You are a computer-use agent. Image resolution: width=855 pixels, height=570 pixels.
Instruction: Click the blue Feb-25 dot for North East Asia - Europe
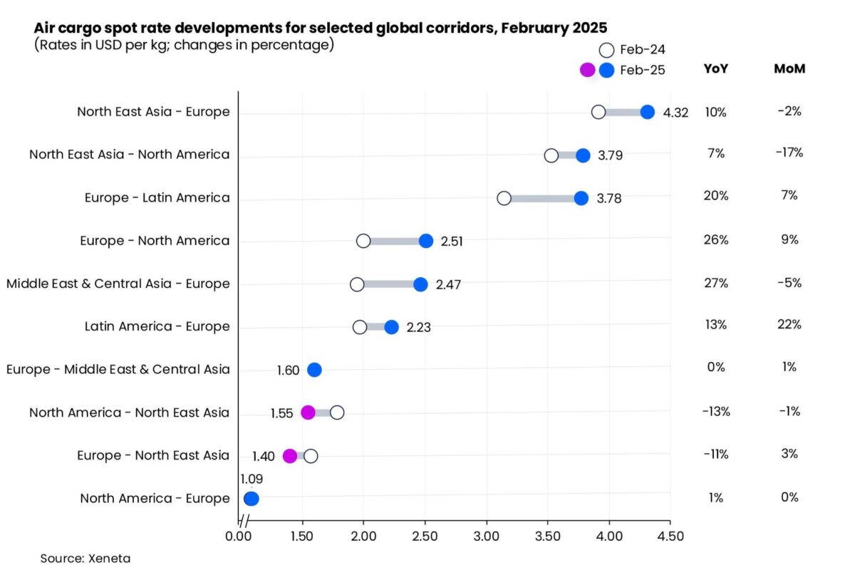click(648, 113)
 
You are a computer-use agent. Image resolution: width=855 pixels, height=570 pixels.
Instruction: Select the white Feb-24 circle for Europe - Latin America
click(504, 199)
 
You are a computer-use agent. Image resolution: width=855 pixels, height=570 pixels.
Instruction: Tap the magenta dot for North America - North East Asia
click(308, 413)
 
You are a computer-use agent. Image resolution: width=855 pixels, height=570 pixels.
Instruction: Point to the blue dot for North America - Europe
click(251, 499)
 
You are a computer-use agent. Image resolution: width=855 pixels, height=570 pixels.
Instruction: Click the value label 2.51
click(452, 242)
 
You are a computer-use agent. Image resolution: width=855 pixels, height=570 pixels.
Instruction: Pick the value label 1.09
click(252, 479)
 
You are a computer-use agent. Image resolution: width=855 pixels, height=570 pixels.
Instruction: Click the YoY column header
click(715, 68)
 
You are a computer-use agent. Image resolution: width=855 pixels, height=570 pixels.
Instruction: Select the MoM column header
click(789, 68)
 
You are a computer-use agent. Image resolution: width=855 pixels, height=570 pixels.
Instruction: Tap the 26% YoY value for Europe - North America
click(716, 240)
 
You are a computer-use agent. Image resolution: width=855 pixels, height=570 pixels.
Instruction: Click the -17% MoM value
click(789, 152)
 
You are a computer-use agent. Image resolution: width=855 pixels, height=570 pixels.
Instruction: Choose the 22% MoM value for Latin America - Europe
click(789, 324)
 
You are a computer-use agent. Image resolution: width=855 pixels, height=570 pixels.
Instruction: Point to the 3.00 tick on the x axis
click(486, 537)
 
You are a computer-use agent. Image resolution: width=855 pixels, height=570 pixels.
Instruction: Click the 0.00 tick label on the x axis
click(239, 537)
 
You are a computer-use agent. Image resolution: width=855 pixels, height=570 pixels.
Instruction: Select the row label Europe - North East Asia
click(153, 455)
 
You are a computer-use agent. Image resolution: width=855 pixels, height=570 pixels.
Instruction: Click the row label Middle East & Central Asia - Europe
click(118, 284)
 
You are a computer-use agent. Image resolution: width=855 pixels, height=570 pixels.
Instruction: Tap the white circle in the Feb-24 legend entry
click(606, 50)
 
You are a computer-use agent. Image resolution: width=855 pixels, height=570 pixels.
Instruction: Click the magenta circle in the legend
click(587, 71)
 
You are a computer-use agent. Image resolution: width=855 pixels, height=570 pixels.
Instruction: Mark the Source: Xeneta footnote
click(85, 559)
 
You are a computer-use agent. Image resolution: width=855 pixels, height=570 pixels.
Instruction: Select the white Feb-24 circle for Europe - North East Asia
click(311, 456)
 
